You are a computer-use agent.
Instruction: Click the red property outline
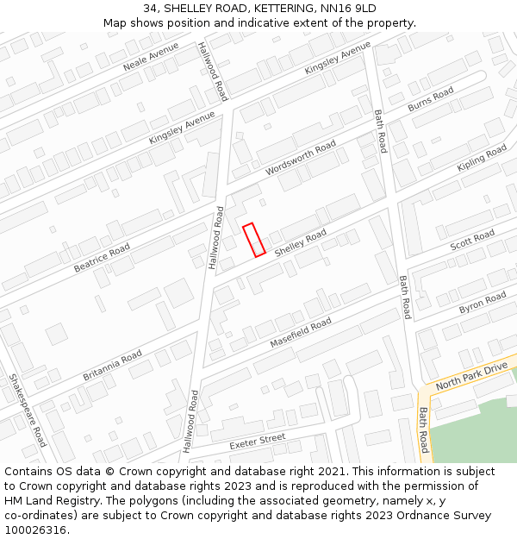point(253,240)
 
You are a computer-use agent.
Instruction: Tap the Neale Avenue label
point(150,56)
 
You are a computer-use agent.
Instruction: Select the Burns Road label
point(430,99)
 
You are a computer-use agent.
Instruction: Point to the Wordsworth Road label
point(301,159)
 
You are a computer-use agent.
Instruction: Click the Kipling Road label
point(482,157)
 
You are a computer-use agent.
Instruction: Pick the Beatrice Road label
point(102,257)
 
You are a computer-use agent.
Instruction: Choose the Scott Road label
point(472,241)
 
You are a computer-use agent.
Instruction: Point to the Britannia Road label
point(112,366)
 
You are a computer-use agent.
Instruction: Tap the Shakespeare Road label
point(28,410)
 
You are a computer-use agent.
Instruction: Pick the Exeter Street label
point(257,442)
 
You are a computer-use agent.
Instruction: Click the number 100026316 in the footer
point(35,530)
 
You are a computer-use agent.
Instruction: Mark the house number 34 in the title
point(151,9)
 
